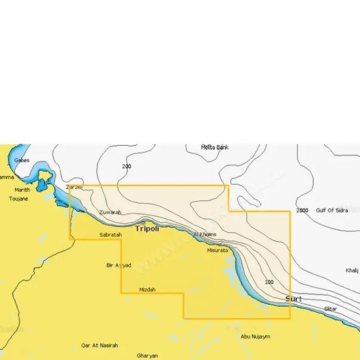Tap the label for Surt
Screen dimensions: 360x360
[294, 299]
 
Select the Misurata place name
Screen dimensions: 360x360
[217, 250]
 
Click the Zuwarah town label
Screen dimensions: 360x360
[110, 213]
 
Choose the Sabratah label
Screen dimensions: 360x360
[110, 234]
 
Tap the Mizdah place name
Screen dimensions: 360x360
[147, 289]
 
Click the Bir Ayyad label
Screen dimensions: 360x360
[118, 265]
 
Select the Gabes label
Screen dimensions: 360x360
[21, 159]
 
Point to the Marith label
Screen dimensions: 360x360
[22, 190]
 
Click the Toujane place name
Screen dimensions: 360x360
[18, 198]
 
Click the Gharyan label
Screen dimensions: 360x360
[148, 355]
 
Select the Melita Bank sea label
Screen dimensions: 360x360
[215, 147]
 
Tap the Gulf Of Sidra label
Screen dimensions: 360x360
[332, 210]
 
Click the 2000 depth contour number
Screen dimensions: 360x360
[302, 211]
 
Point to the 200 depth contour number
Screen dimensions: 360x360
[126, 167]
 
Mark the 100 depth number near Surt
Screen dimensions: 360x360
[270, 282]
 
